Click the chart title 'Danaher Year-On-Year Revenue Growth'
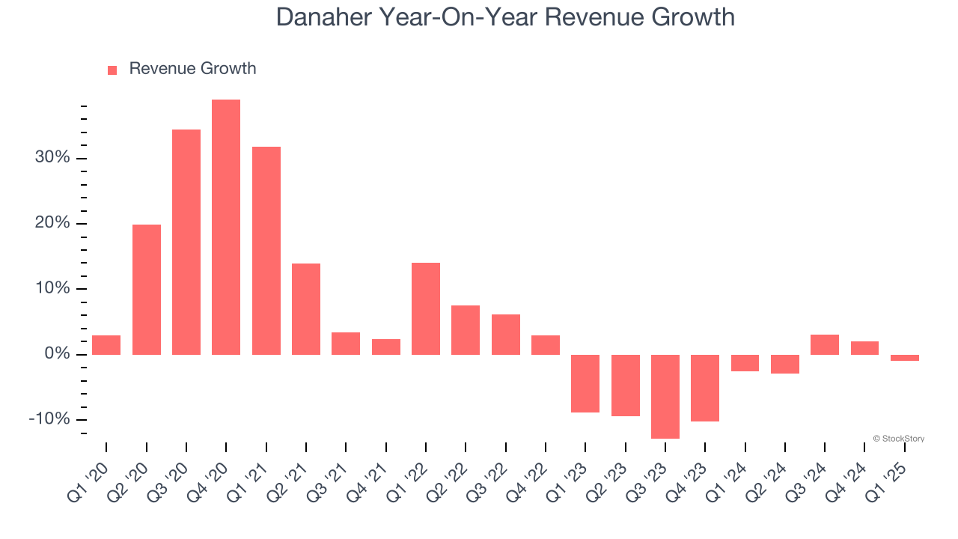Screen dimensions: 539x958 pyautogui.click(x=505, y=16)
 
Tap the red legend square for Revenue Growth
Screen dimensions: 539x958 pyautogui.click(x=112, y=70)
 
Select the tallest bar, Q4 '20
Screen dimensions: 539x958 pyautogui.click(x=226, y=227)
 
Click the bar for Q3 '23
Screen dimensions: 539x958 pyautogui.click(x=665, y=396)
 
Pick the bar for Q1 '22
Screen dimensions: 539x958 pyautogui.click(x=426, y=308)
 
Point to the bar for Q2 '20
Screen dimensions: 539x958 pyautogui.click(x=147, y=289)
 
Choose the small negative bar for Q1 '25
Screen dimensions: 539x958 pyautogui.click(x=905, y=358)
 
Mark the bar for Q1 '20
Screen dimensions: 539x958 pyautogui.click(x=106, y=344)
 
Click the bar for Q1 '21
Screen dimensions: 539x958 pyautogui.click(x=266, y=250)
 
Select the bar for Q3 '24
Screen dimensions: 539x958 pyautogui.click(x=825, y=344)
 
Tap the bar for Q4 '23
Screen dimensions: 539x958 pyautogui.click(x=705, y=388)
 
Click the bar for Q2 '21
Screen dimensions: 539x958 pyautogui.click(x=306, y=308)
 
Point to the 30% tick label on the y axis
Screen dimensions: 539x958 pyautogui.click(x=52, y=158)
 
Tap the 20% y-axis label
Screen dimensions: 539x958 pyautogui.click(x=52, y=223)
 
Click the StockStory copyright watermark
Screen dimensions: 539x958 pyautogui.click(x=898, y=439)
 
